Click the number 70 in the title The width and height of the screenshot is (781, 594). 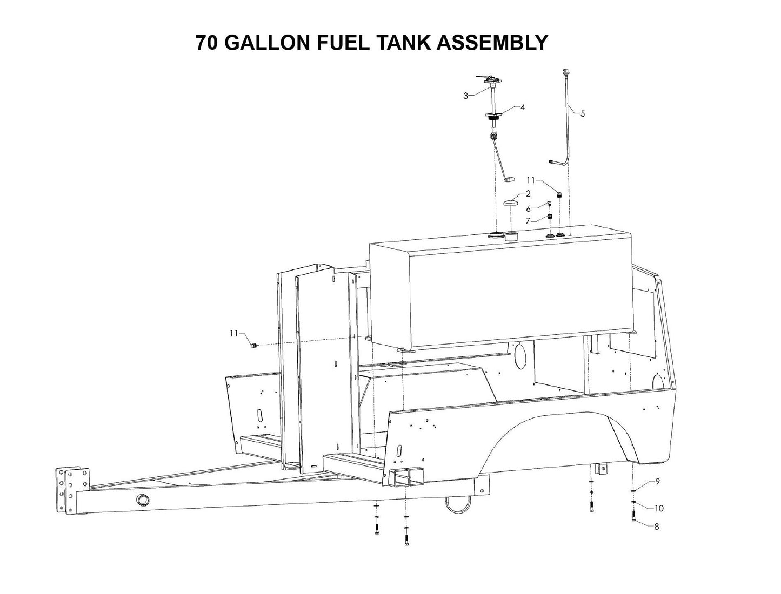207,43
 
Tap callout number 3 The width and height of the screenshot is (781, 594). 465,96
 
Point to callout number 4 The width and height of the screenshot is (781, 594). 523,107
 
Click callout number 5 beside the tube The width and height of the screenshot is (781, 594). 583,114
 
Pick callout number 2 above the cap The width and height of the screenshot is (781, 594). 528,193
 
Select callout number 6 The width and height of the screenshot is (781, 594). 528,208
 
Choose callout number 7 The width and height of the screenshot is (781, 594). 528,221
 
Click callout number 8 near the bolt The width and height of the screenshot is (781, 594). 657,526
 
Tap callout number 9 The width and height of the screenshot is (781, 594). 657,482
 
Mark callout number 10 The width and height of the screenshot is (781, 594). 659,508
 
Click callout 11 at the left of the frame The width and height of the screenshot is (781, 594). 233,334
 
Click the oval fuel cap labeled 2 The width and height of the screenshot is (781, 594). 511,204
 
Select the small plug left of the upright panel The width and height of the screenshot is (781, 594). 253,345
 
